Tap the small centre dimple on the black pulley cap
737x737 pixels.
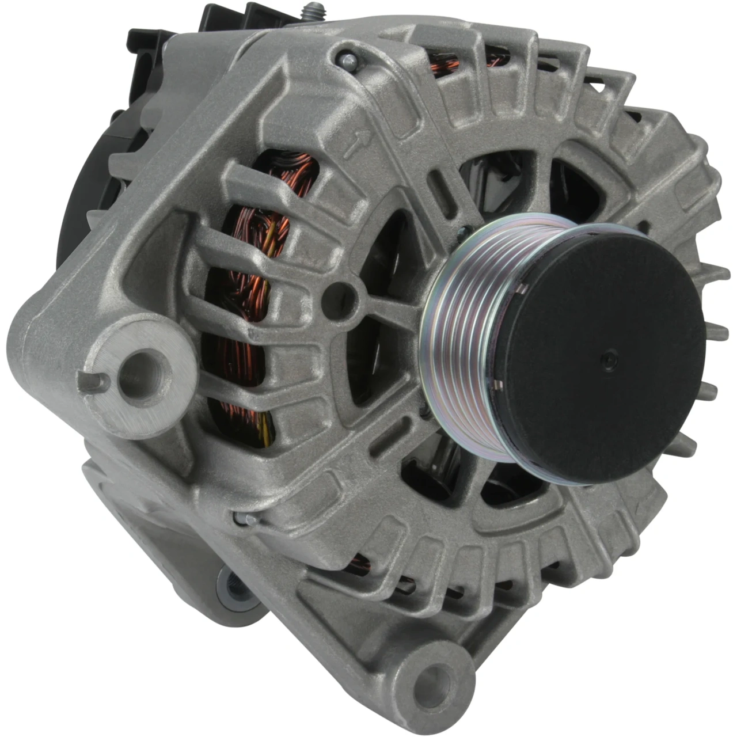tap(610, 361)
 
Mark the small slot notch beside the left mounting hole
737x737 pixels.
tap(93, 382)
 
